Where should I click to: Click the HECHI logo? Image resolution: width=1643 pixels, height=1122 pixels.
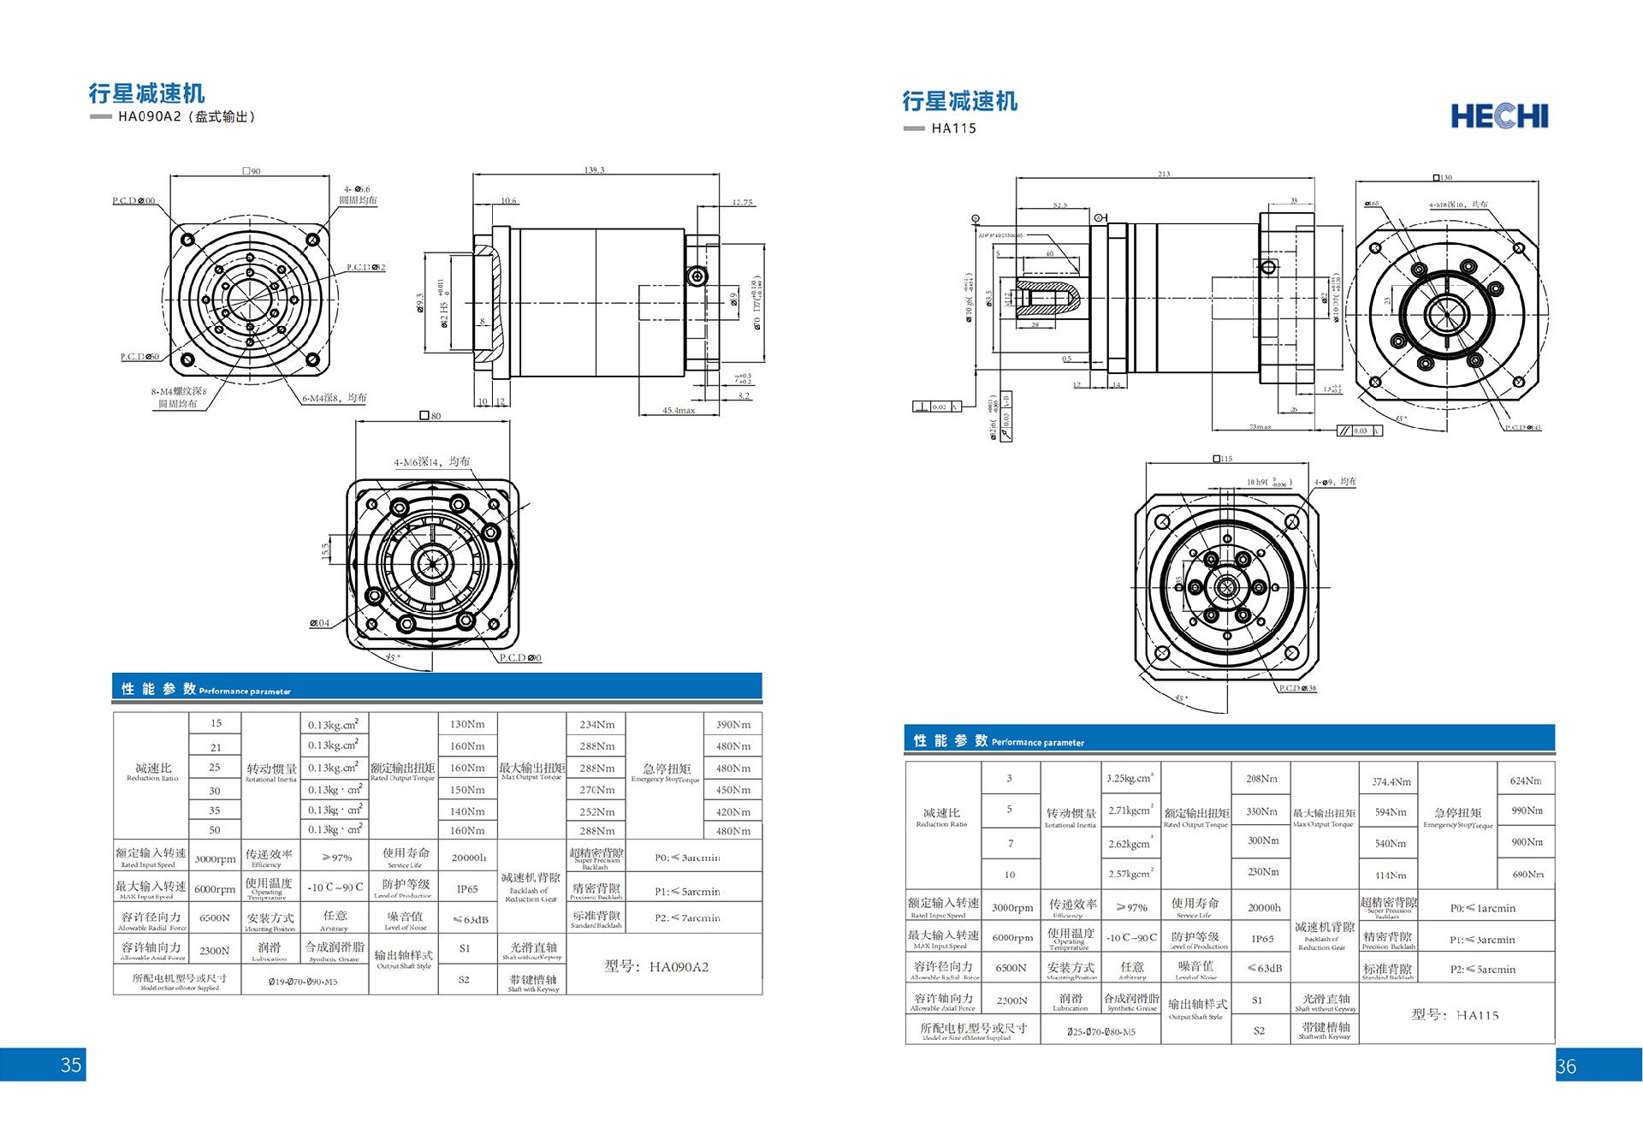(1499, 116)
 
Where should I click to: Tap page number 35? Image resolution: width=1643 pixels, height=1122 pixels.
(71, 1065)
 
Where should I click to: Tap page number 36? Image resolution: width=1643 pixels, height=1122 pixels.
(1566, 1066)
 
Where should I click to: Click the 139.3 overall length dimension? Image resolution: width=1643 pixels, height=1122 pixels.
(594, 169)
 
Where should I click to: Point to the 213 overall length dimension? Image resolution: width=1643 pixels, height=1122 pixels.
(1164, 174)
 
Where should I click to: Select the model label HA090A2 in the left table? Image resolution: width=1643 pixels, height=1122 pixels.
(657, 967)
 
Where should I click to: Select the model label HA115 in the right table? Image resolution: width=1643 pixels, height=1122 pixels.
(1456, 1015)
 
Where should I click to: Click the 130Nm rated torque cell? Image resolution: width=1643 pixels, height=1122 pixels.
(467, 724)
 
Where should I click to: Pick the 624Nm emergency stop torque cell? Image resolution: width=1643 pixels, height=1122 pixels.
(1526, 781)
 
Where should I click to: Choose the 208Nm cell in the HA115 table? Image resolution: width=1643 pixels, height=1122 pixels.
(1261, 779)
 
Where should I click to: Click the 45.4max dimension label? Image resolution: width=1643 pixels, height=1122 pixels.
(679, 411)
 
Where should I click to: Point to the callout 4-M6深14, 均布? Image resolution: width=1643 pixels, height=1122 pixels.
(431, 462)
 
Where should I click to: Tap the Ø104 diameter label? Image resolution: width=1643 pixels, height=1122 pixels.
(319, 623)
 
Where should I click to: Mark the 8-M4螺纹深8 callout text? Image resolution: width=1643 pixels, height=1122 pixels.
(179, 392)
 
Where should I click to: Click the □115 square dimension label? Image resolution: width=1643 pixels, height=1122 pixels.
(1223, 459)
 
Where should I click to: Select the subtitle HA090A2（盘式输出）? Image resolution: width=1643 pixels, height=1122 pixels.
(187, 116)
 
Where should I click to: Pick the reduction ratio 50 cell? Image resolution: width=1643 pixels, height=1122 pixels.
(215, 830)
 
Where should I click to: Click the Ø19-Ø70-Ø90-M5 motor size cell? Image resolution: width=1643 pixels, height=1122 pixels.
(303, 982)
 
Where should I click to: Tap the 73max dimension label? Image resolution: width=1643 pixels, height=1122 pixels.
(1260, 426)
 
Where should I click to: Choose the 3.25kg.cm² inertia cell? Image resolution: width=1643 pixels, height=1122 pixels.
(1129, 779)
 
